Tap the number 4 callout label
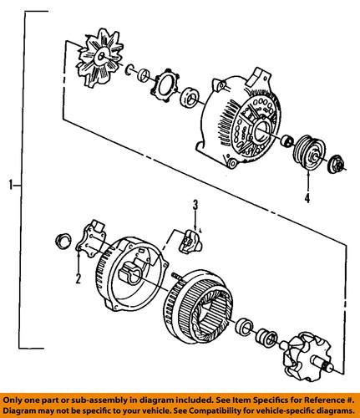(307, 199)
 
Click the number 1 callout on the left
(11, 184)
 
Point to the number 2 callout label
(76, 279)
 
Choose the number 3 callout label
(195, 205)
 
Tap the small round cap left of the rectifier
(60, 243)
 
